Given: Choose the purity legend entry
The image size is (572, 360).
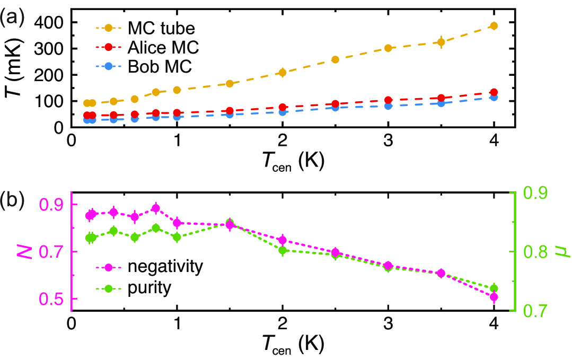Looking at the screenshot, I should pyautogui.click(x=143, y=288).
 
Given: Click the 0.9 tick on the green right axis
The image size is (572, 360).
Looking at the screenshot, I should pyautogui.click(x=537, y=194).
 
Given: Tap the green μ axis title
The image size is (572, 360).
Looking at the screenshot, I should pyautogui.click(x=562, y=251).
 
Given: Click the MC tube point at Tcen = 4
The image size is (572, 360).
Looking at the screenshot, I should pyautogui.click(x=494, y=25).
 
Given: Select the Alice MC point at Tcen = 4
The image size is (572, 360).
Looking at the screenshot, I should pyautogui.click(x=494, y=92).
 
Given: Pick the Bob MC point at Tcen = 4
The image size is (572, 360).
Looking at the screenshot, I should pyautogui.click(x=494, y=98).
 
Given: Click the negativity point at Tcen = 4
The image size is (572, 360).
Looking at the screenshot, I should pyautogui.click(x=494, y=297).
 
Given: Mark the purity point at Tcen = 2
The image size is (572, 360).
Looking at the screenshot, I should pyautogui.click(x=283, y=250).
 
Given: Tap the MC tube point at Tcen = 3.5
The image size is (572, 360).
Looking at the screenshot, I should pyautogui.click(x=441, y=42).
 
